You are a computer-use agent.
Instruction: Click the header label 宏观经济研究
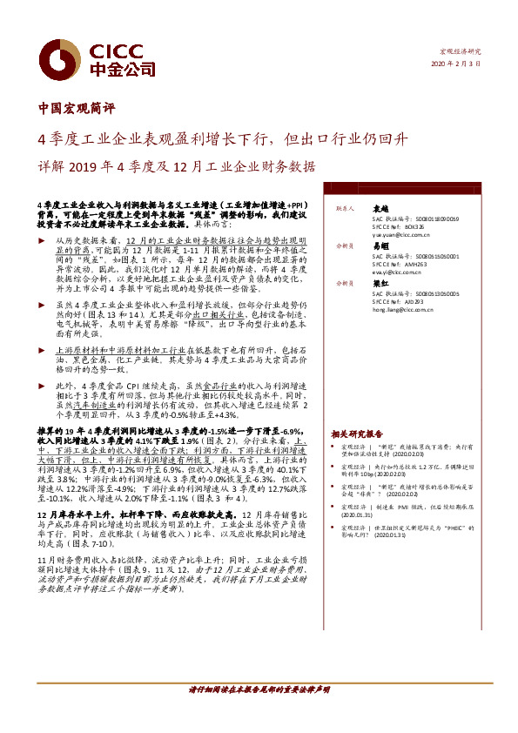click(462, 51)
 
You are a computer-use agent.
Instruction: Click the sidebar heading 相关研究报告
click(356, 433)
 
